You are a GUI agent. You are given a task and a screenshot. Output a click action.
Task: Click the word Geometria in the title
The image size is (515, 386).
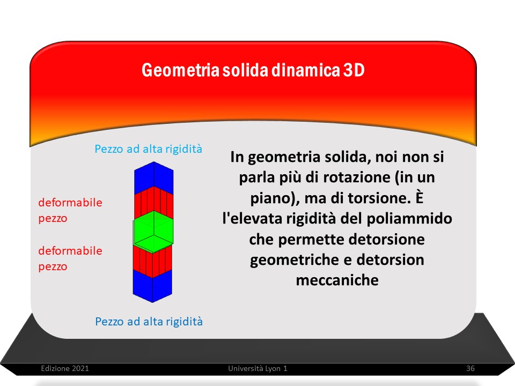(x=180, y=70)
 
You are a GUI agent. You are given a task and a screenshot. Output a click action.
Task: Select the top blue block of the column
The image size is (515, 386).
(x=154, y=177)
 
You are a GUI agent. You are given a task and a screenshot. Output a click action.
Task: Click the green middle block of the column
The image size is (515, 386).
(x=153, y=232)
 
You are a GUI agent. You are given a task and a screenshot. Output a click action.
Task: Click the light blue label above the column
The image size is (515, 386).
(x=148, y=149)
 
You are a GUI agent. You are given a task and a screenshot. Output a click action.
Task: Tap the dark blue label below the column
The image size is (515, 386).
(x=149, y=321)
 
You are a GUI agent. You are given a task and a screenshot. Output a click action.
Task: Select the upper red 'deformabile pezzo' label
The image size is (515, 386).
(x=70, y=210)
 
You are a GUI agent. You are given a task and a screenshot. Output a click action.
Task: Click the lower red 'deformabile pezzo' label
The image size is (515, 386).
(x=70, y=258)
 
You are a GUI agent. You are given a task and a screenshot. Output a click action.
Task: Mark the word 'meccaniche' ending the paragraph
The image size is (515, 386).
(x=337, y=280)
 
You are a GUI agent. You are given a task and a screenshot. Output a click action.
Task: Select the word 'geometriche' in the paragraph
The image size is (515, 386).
(x=294, y=260)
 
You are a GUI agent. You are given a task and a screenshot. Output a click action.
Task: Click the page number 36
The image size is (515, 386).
(x=470, y=368)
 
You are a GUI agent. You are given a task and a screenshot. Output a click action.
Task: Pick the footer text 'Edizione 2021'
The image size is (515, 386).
(x=65, y=368)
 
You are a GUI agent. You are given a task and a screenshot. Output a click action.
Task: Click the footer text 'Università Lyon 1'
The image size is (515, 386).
(x=258, y=368)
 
